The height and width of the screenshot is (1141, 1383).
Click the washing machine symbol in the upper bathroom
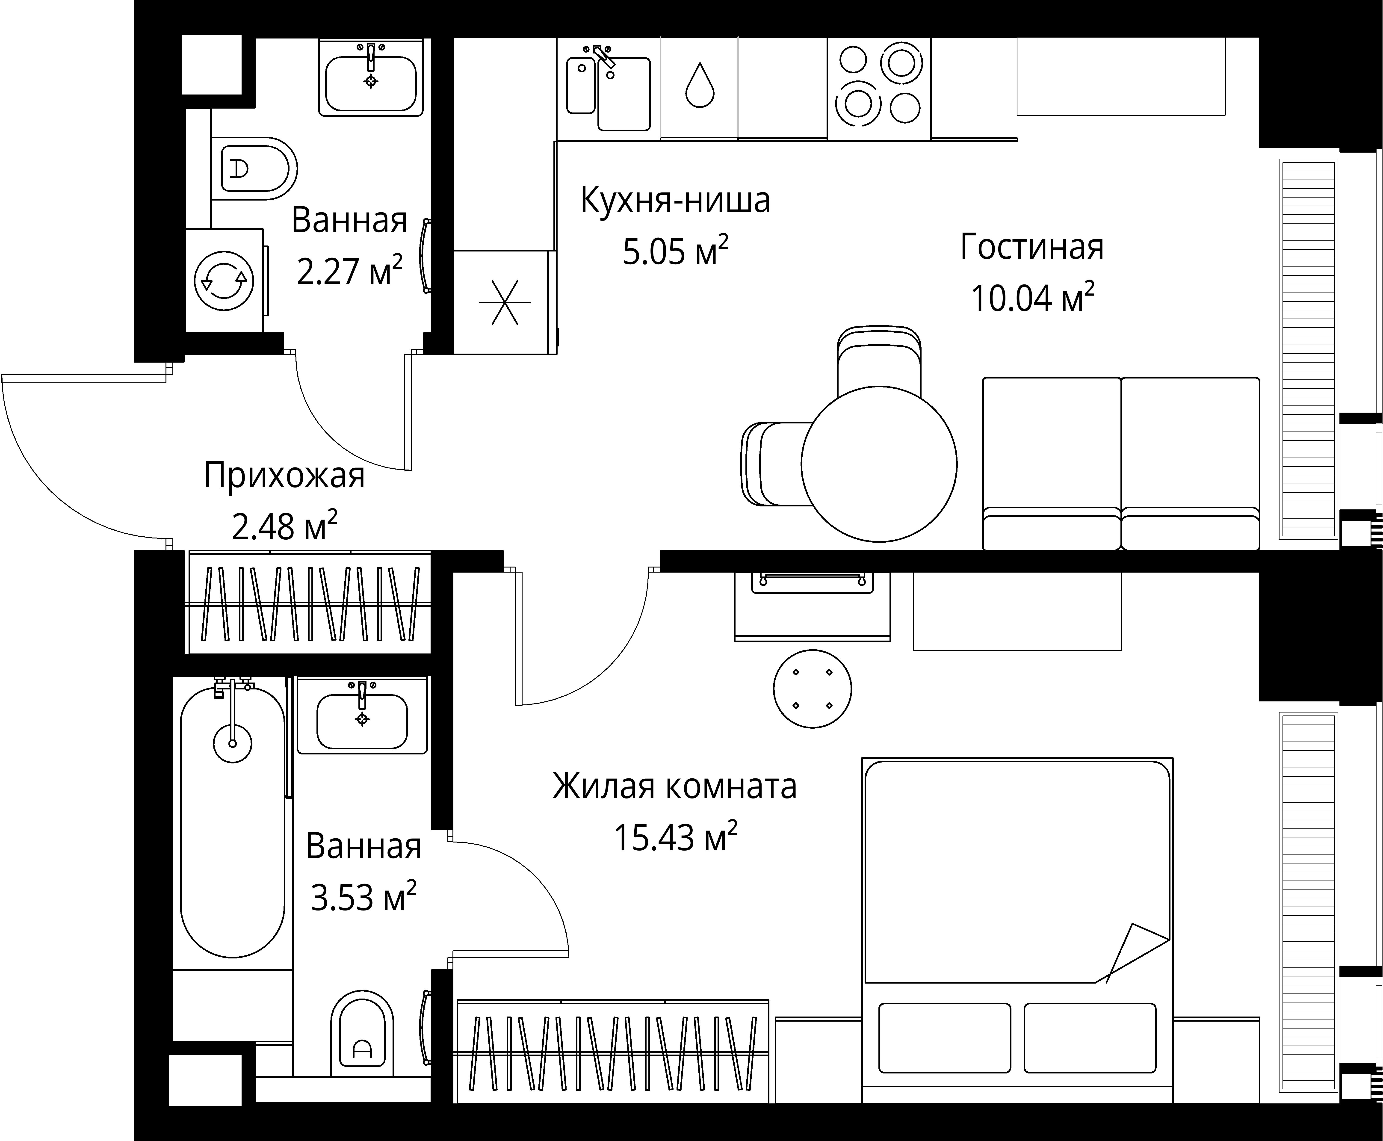click(224, 281)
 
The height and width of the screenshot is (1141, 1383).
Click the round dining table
click(879, 464)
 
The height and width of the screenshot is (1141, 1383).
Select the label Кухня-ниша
click(675, 201)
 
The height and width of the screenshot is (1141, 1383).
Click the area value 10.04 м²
click(1032, 299)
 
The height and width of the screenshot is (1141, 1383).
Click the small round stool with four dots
click(813, 689)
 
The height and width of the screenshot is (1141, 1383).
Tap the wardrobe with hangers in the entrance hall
click(310, 603)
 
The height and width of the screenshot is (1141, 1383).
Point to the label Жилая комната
click(674, 786)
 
